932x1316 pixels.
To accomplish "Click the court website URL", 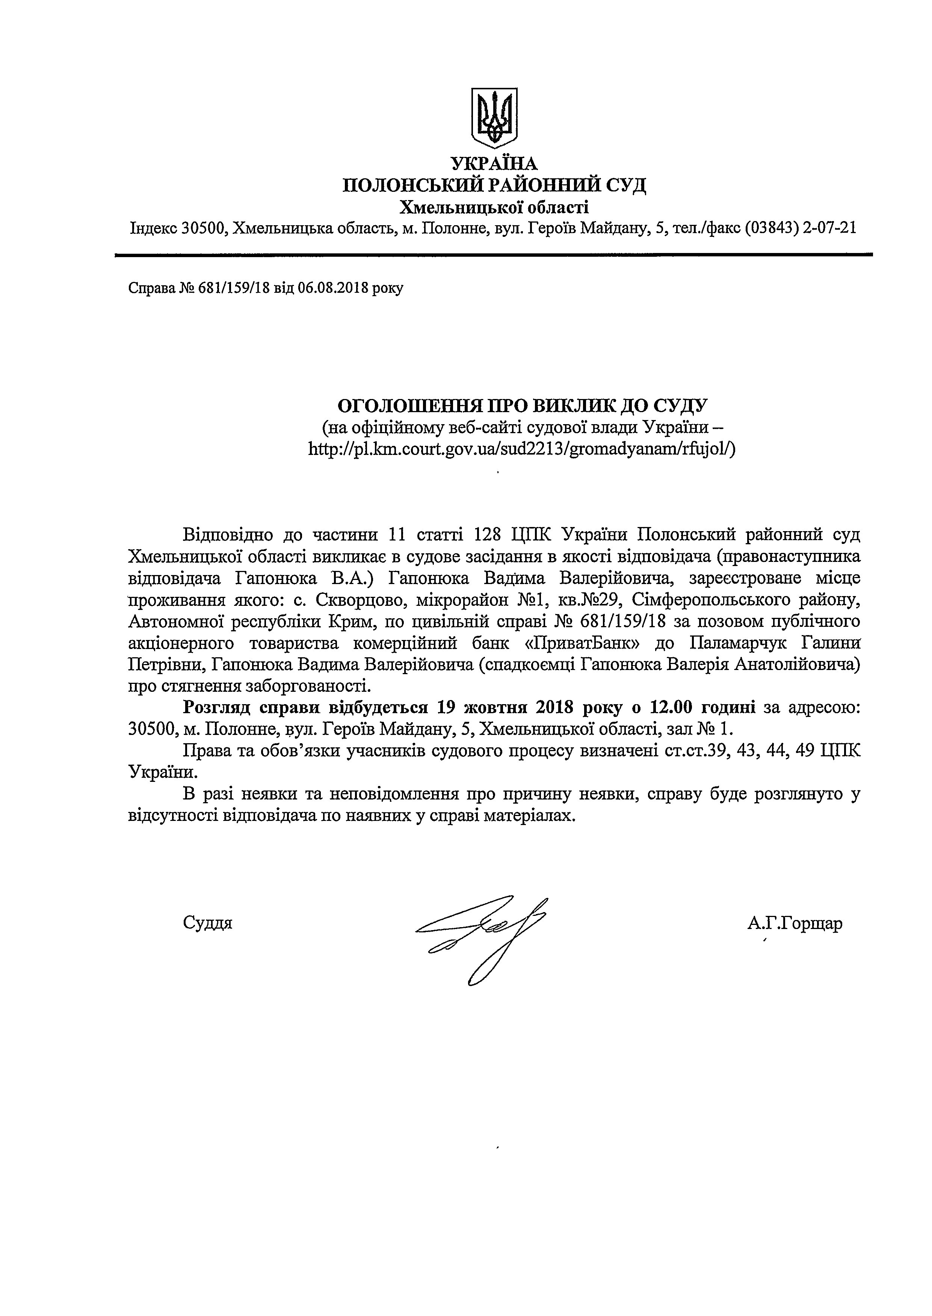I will [522, 449].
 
